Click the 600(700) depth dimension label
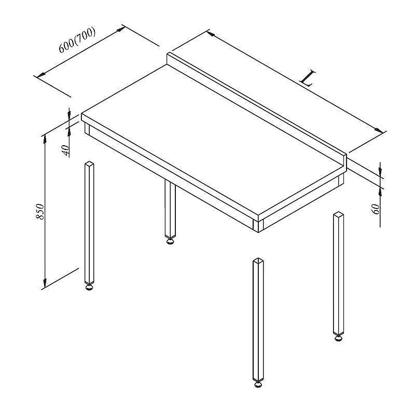(x=76, y=40)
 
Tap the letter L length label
(x=308, y=78)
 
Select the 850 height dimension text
(x=40, y=212)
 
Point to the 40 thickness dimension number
(x=66, y=150)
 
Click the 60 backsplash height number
(x=376, y=209)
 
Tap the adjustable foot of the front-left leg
(x=89, y=287)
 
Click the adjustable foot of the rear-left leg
(x=170, y=241)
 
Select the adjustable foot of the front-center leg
(x=258, y=384)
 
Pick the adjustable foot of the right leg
(x=338, y=338)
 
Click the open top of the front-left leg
(x=89, y=164)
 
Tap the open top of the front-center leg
(x=258, y=261)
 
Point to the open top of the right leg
(x=339, y=214)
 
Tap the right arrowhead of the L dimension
(x=379, y=131)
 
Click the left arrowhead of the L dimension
(x=211, y=33)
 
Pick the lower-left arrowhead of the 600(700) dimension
(x=41, y=76)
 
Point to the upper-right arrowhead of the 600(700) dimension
(x=121, y=29)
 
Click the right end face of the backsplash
(x=345, y=161)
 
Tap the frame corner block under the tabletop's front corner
(x=258, y=226)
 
